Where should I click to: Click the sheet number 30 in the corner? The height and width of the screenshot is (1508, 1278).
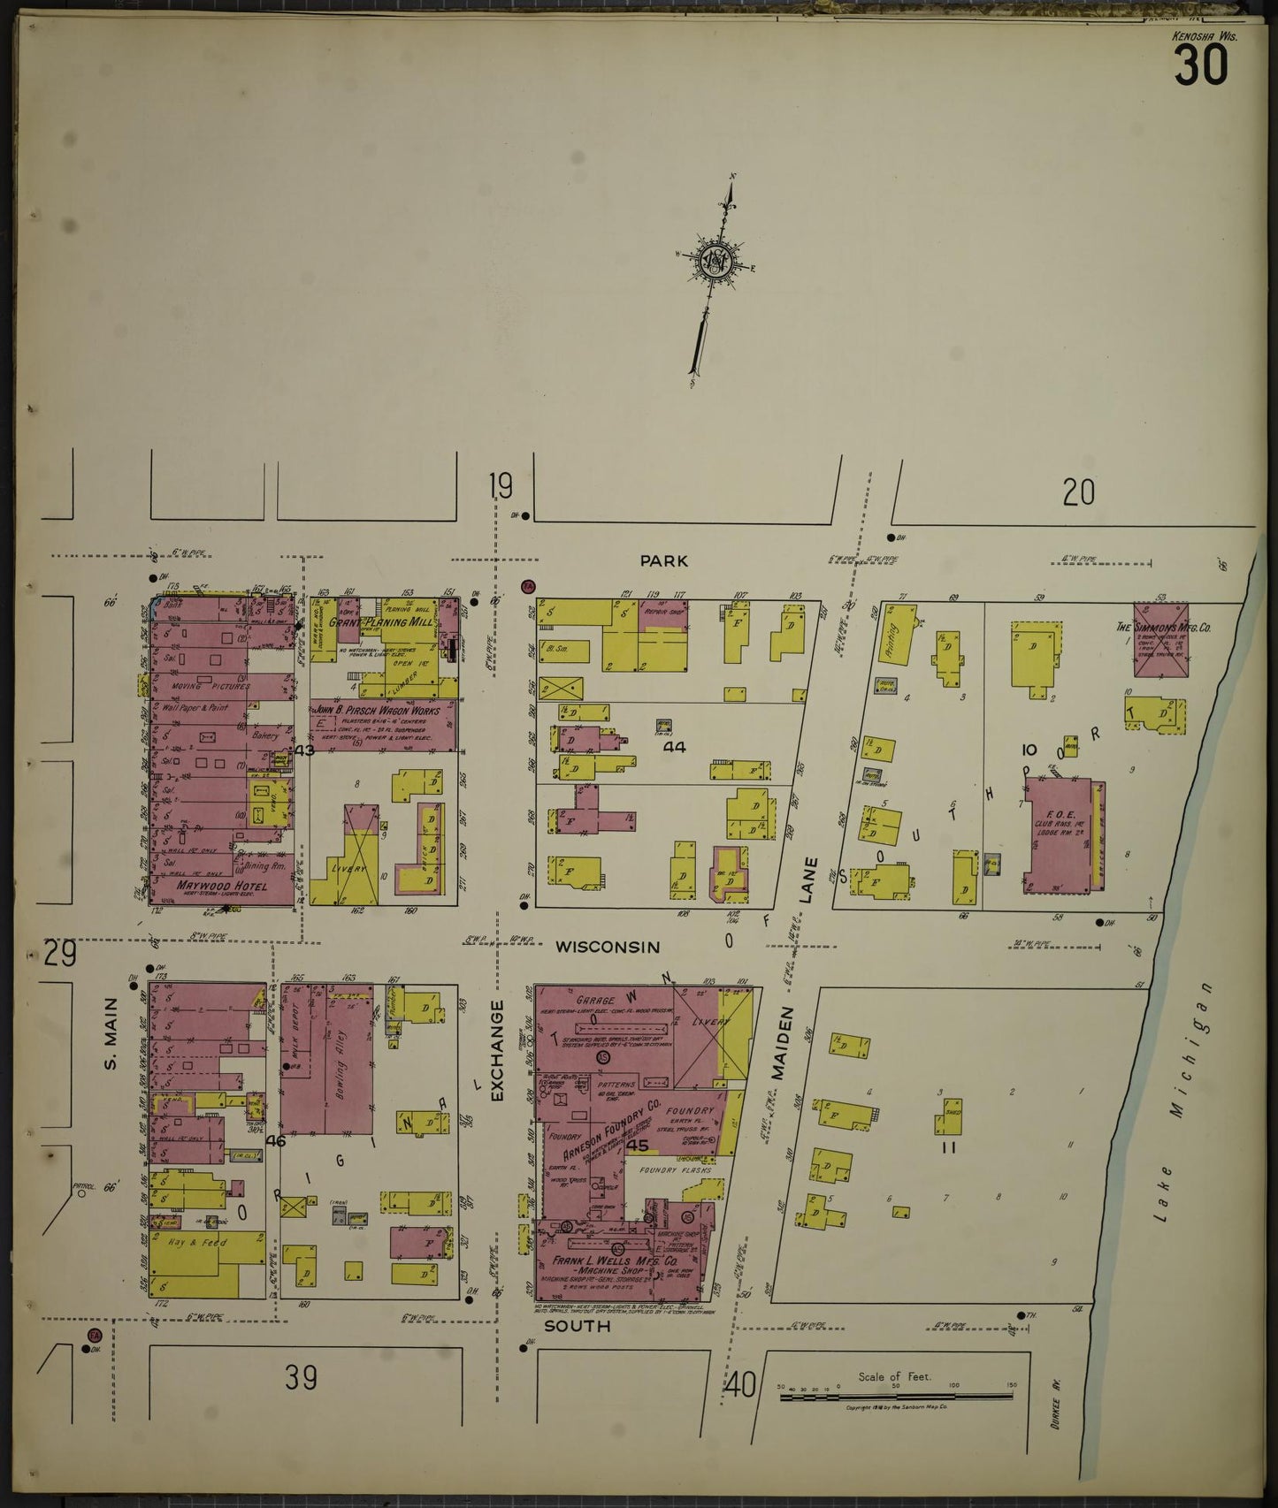pos(1200,65)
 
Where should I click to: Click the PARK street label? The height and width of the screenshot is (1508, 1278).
pos(664,560)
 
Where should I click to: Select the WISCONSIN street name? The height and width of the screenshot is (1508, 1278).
pos(607,947)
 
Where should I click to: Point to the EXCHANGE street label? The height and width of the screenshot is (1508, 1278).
pos(496,1050)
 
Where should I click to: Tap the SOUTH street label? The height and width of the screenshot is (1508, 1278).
pos(577,1326)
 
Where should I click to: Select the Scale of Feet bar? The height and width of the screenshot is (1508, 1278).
pos(894,1396)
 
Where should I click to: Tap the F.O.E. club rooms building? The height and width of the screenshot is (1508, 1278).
pos(1059,834)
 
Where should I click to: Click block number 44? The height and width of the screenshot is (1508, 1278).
pos(675,747)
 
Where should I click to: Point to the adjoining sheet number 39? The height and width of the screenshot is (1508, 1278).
pos(301,1376)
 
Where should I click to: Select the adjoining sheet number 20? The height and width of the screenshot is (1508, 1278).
pos(1078,492)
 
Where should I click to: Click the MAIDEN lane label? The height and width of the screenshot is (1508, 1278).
pos(777,1044)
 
